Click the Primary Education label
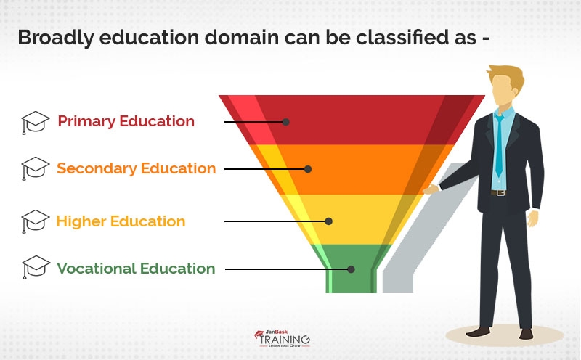[126, 121]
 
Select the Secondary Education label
[137, 168]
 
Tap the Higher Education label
[121, 221]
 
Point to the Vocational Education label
[136, 269]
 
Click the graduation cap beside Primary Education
[36, 121]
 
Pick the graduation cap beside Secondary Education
[36, 168]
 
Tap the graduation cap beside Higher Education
[36, 221]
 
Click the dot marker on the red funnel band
[286, 122]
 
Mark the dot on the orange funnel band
[308, 169]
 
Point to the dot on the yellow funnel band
[329, 221]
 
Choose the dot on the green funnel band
[351, 269]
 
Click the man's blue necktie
[499, 145]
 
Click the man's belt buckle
[499, 192]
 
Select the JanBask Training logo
[283, 338]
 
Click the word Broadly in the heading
[56, 37]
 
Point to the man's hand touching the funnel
[431, 189]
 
